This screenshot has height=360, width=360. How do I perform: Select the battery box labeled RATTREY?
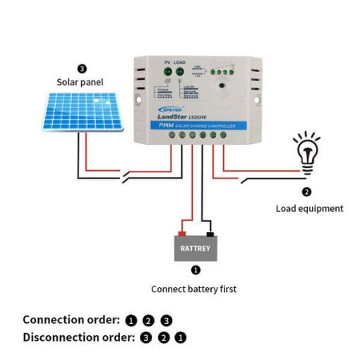coord(195,248)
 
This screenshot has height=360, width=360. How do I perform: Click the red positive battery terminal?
coord(181,233)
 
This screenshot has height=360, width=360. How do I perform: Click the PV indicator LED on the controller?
coord(167,72)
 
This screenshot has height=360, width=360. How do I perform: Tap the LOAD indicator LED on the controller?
coord(180,72)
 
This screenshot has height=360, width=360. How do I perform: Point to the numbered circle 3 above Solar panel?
coord(82,69)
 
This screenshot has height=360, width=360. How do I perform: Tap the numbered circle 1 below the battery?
coord(196,270)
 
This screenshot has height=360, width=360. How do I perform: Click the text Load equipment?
coord(309,208)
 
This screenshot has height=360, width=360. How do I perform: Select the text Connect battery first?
coord(194,289)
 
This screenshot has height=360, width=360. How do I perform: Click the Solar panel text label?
coord(80,82)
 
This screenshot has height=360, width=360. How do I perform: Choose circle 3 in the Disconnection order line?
coord(146,337)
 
